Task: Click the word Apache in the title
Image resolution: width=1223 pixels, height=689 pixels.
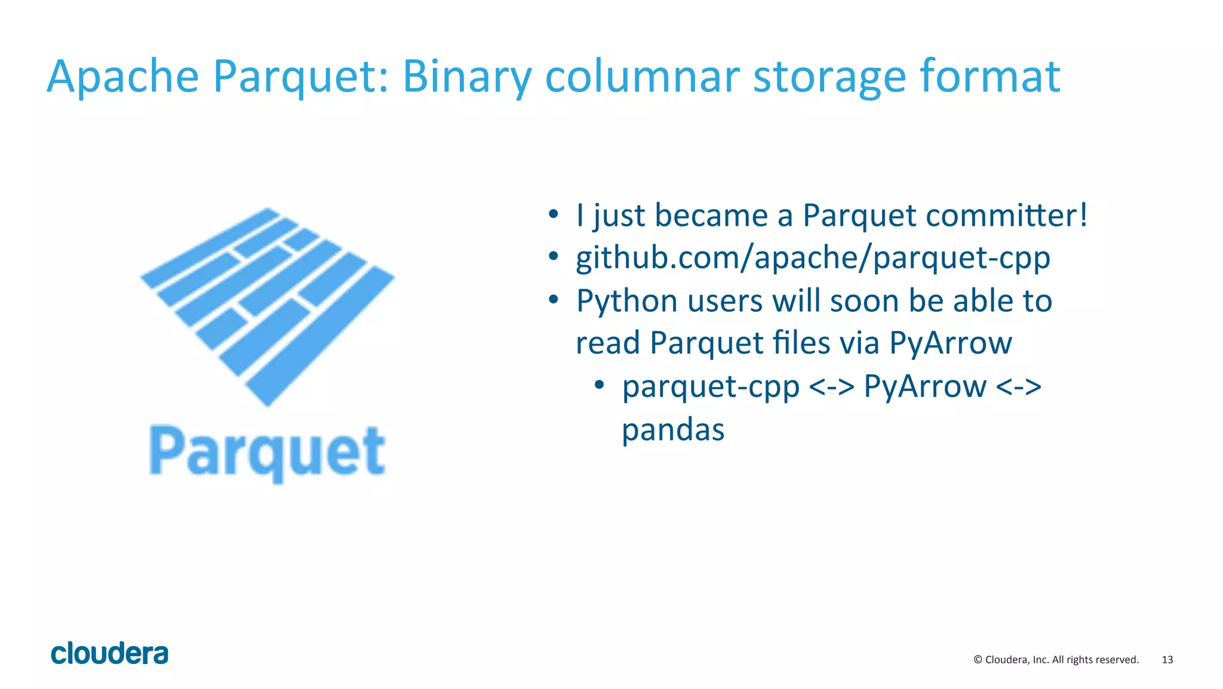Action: pos(122,76)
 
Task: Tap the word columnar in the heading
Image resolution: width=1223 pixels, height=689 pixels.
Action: pos(642,76)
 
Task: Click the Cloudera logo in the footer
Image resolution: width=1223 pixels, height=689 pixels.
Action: pos(109,654)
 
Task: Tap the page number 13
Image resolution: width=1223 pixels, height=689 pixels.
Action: pos(1167,660)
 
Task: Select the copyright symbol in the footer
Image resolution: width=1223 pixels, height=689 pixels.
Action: pos(978,660)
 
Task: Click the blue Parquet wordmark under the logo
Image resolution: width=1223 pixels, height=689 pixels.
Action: pos(267,452)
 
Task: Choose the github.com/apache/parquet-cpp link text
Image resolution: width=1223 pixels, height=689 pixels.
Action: pos(813,258)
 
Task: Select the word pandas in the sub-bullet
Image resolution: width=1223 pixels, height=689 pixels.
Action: pos(673,430)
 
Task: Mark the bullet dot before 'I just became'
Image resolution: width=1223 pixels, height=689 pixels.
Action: pos(554,214)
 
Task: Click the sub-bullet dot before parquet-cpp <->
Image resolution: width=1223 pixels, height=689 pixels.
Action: pos(600,385)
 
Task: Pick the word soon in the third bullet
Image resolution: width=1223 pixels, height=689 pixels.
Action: pos(864,301)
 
